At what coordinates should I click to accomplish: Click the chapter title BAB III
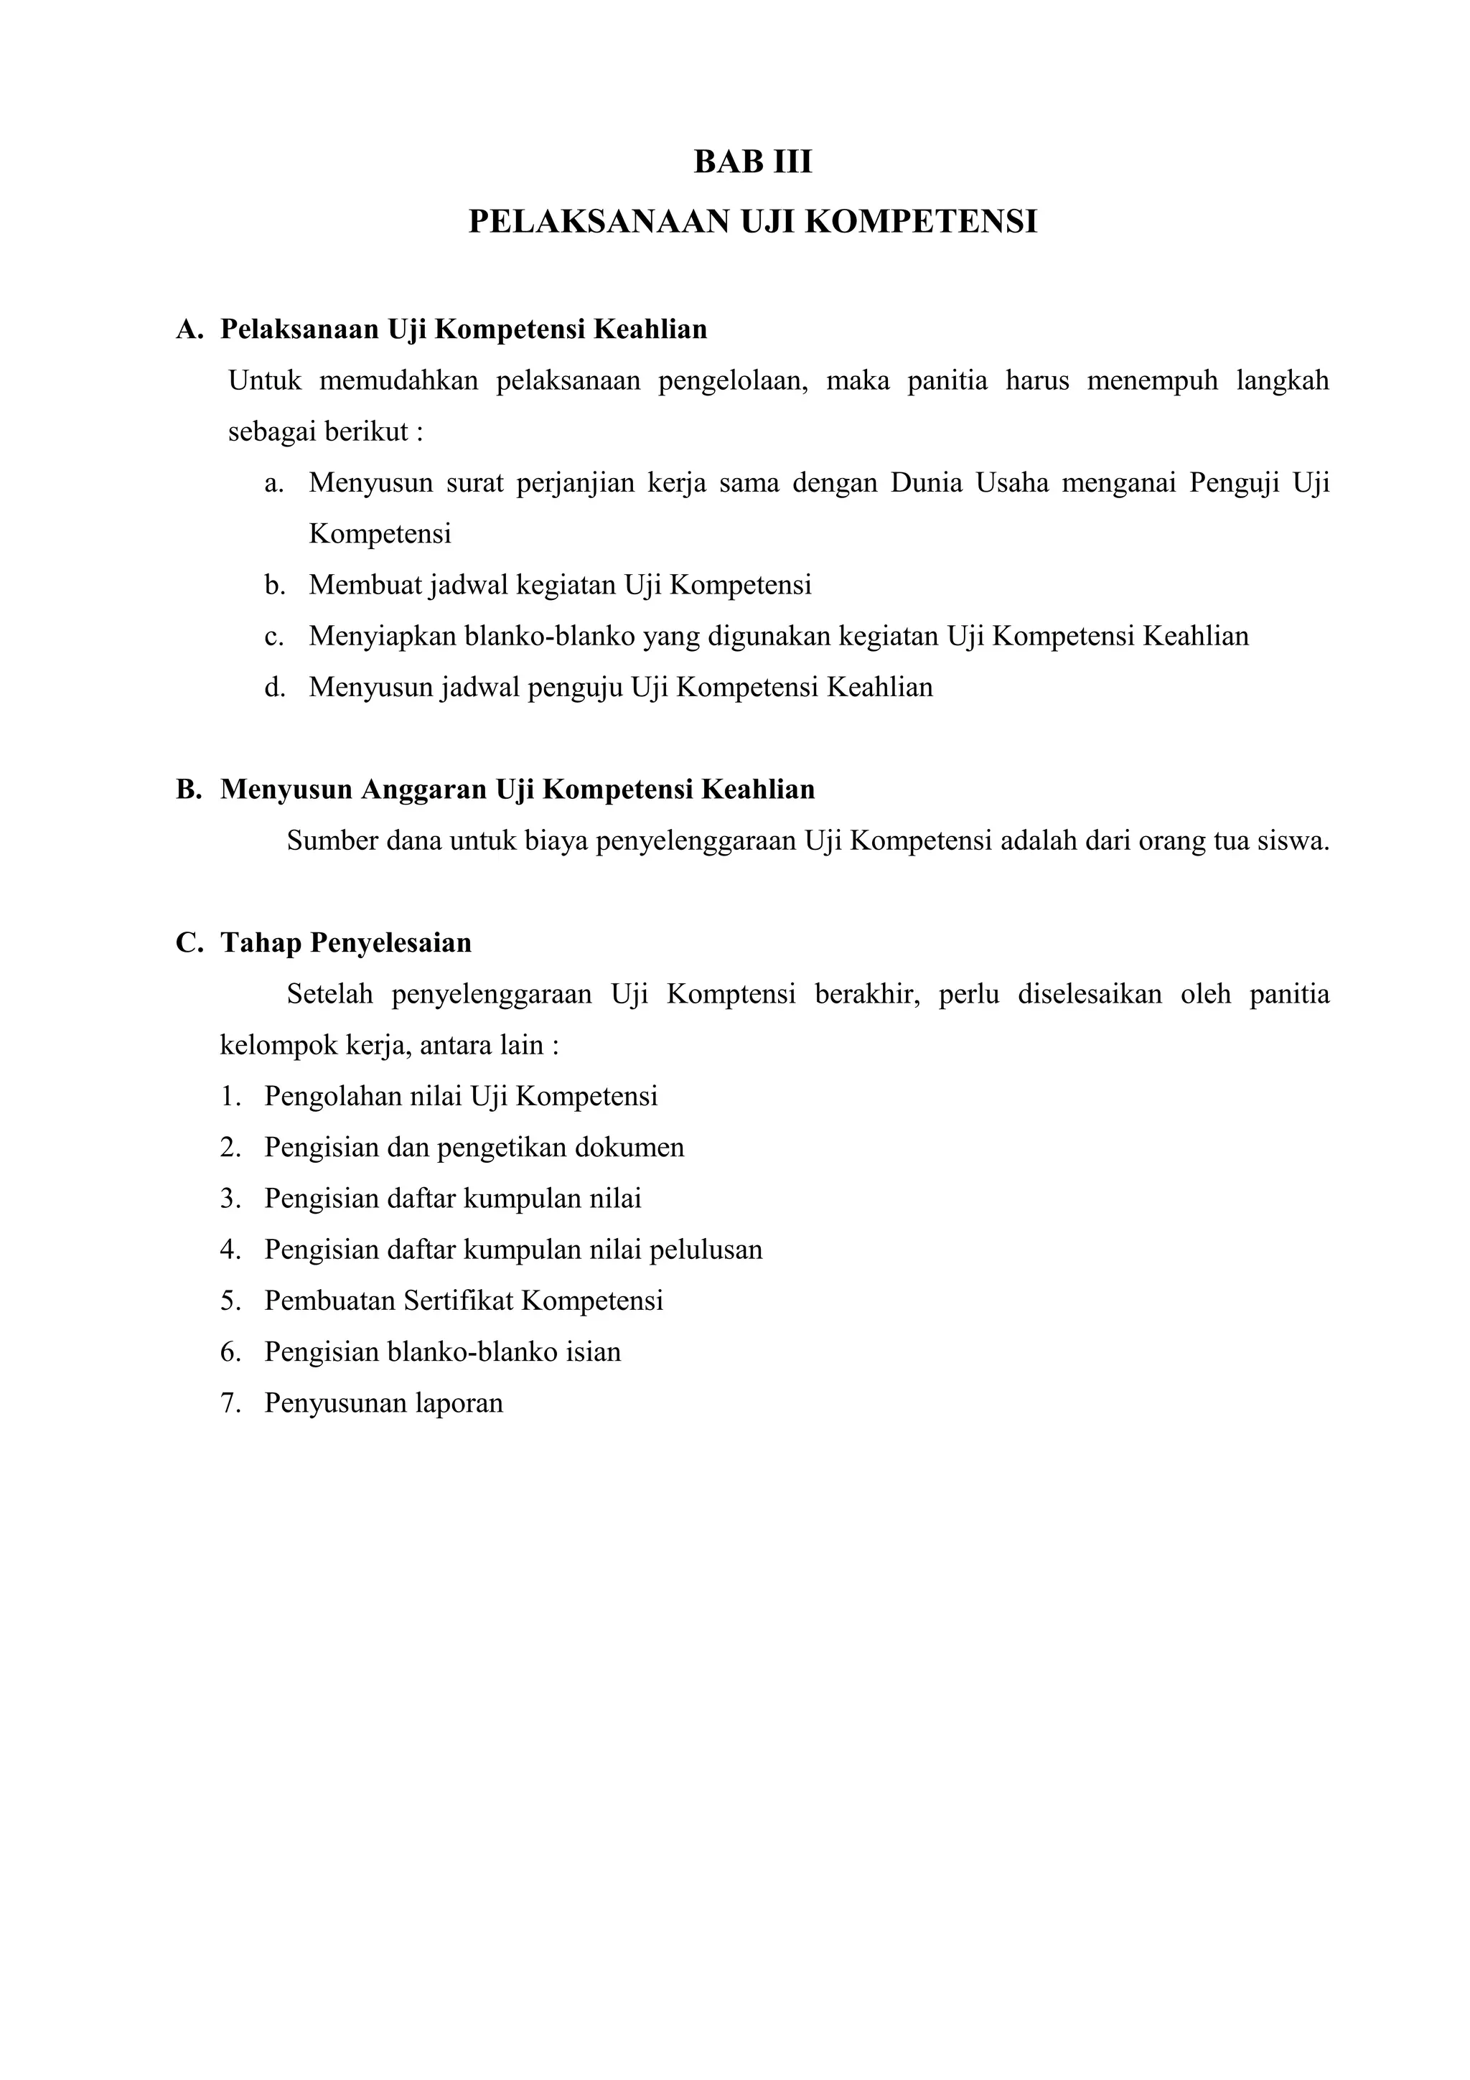point(753,162)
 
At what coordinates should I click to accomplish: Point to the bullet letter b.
point(274,585)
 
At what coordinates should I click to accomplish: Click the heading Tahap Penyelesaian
point(346,943)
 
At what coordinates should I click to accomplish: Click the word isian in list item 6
point(594,1352)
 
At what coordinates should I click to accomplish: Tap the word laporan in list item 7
point(459,1403)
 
